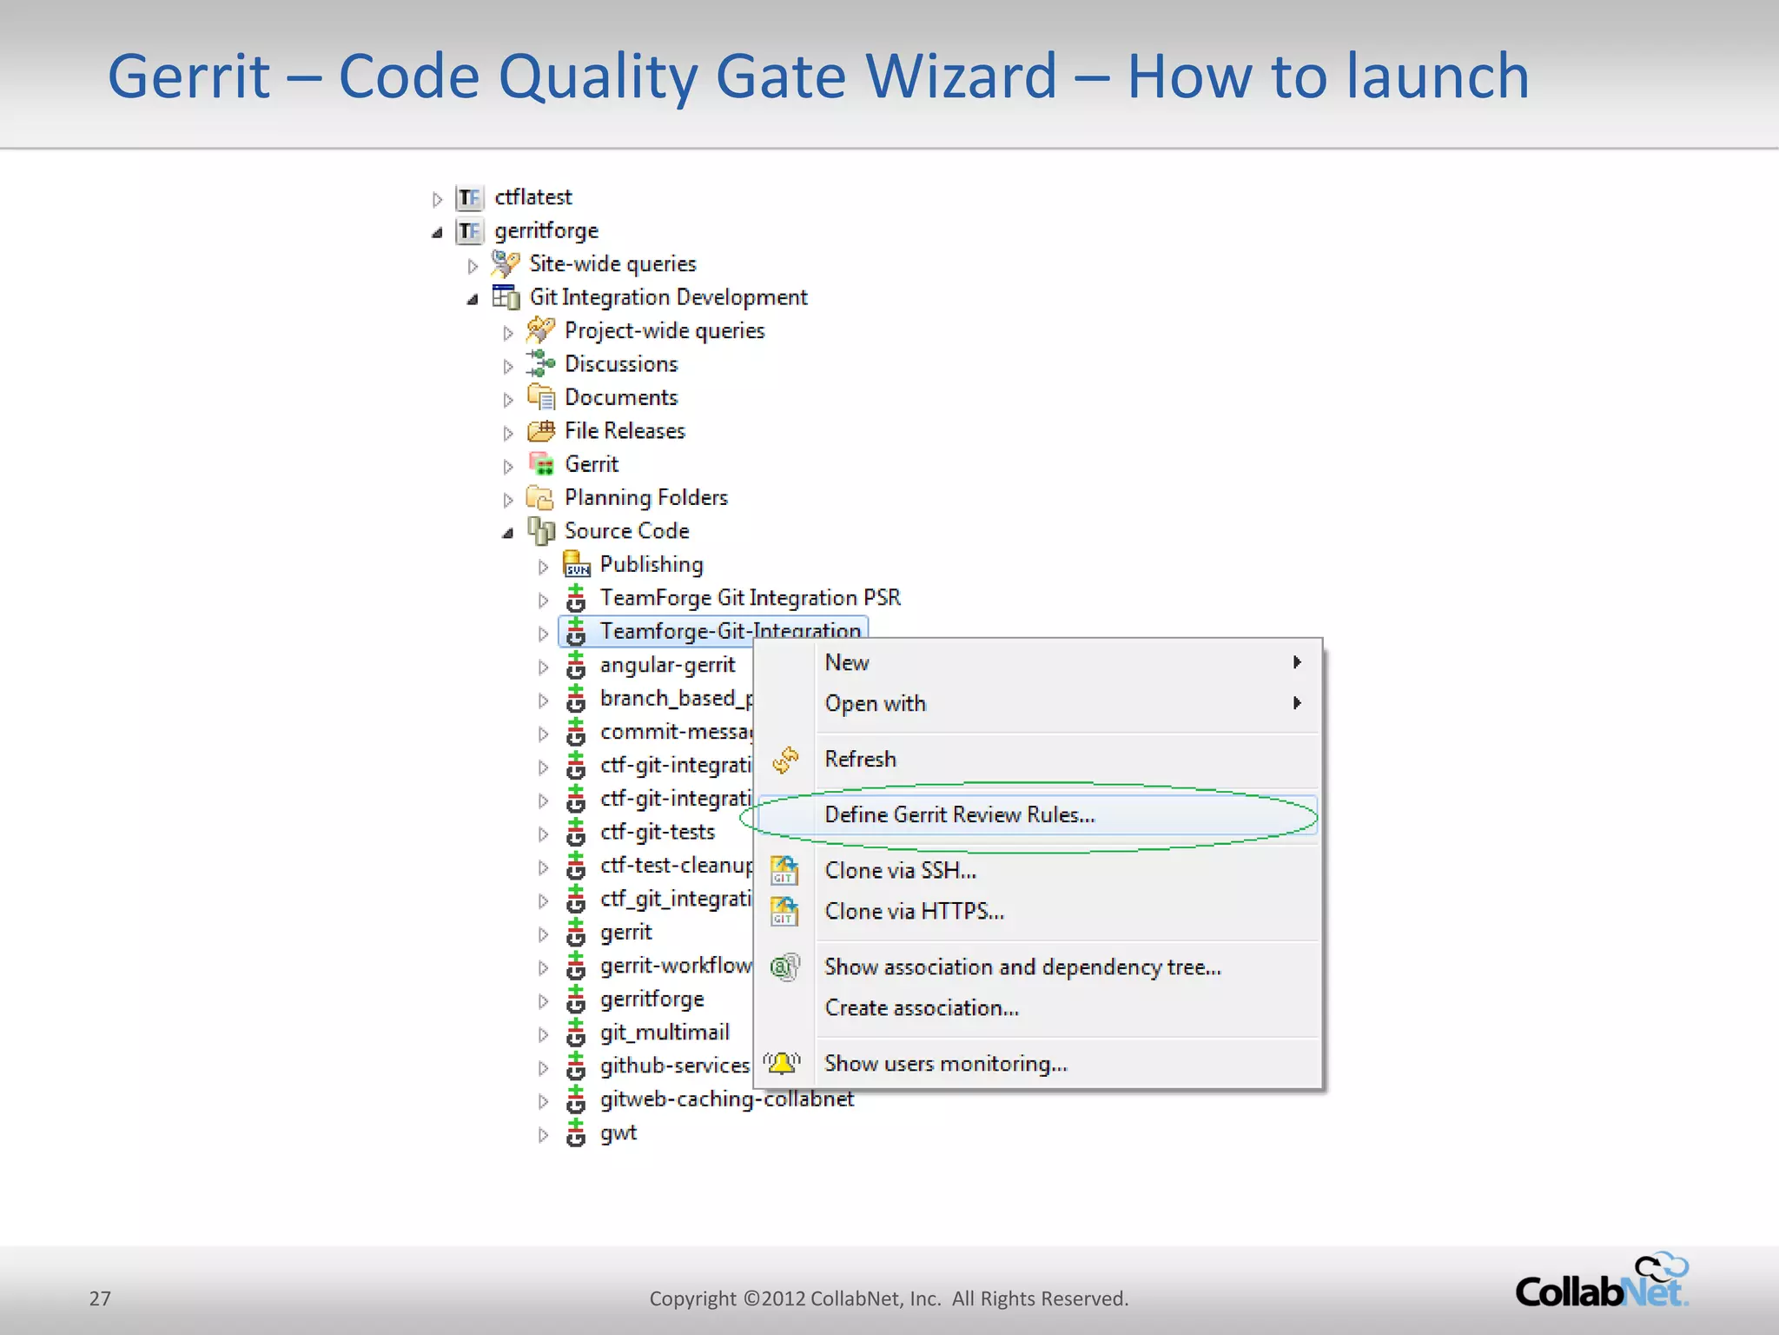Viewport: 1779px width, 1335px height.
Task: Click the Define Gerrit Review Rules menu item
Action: (x=959, y=815)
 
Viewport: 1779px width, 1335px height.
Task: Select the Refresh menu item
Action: (x=860, y=760)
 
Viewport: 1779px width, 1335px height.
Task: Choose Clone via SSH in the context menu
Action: (x=900, y=871)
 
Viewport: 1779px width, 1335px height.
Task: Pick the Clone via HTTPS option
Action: (x=914, y=912)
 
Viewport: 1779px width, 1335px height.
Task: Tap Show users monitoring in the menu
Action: (x=945, y=1064)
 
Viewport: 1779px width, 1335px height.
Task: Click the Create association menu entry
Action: (x=921, y=1008)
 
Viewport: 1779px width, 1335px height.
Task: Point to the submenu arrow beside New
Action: (x=1297, y=662)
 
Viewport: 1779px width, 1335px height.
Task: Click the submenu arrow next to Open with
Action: (x=1297, y=703)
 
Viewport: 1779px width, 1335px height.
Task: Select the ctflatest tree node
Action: (x=532, y=198)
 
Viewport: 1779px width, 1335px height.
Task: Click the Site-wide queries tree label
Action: (x=612, y=264)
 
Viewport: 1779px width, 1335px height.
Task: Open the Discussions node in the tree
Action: (x=620, y=364)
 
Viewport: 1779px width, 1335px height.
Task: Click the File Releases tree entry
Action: (x=624, y=431)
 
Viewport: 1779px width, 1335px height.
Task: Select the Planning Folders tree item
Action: (x=645, y=498)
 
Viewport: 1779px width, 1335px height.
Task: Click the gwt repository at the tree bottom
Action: (x=618, y=1133)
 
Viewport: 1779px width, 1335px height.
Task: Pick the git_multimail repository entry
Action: (x=664, y=1033)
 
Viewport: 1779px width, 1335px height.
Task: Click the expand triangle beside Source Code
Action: (x=508, y=533)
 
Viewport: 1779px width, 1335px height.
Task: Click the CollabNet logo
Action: (x=1601, y=1283)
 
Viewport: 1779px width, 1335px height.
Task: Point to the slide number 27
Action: (x=100, y=1298)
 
